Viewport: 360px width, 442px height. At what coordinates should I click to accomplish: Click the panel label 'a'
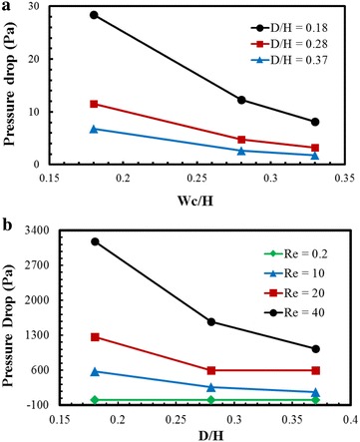click(x=7, y=7)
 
